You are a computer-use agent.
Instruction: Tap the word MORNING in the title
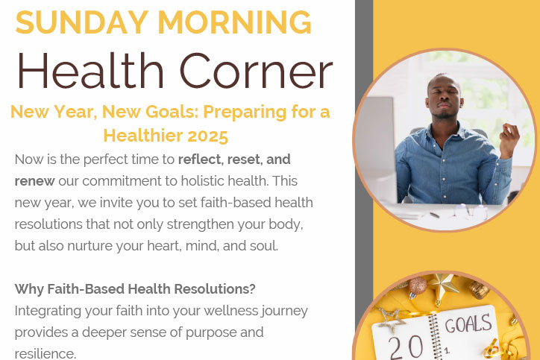coord(235,22)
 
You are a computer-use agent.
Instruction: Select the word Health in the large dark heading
coord(90,71)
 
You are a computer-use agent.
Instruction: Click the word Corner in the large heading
coord(257,71)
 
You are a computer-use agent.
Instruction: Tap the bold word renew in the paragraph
coord(34,181)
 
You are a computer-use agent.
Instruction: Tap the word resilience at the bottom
coord(45,353)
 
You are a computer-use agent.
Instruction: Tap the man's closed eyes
coord(445,92)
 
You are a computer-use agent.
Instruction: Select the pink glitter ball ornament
coord(418,286)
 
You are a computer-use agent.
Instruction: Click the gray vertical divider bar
coord(364,162)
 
